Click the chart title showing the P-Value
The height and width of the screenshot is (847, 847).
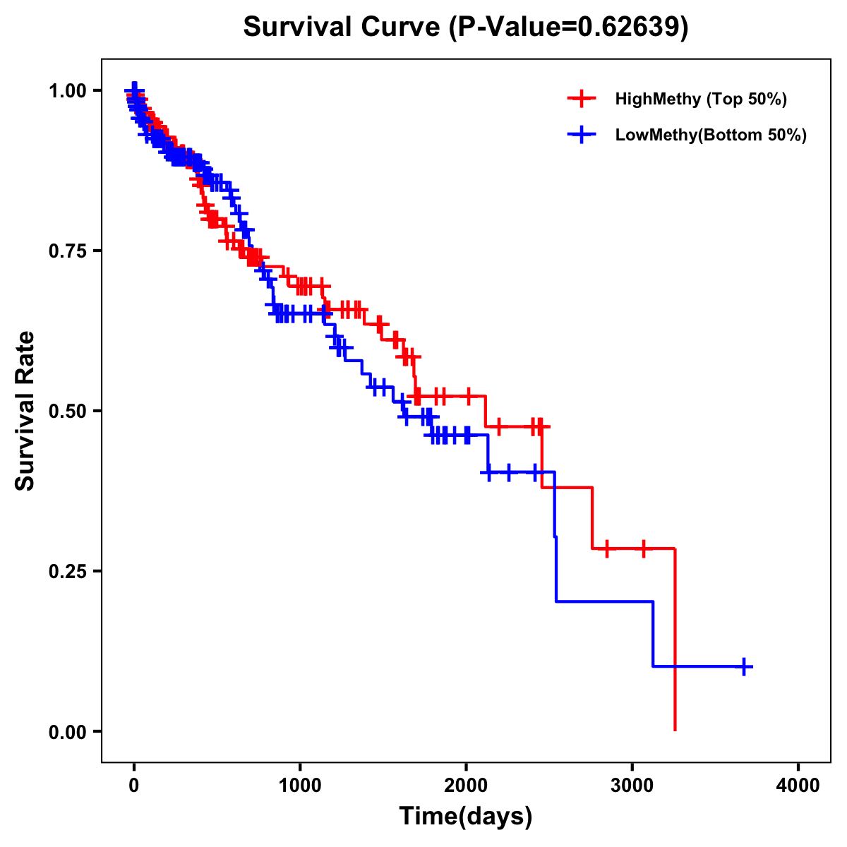tap(466, 27)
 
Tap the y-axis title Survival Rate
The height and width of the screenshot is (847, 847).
tap(25, 411)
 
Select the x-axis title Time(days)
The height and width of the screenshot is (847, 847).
tap(466, 817)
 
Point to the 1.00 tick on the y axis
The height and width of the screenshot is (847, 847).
tap(68, 90)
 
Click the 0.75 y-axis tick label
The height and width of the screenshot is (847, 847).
tap(68, 251)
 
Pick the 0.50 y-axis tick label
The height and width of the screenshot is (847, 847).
tap(68, 411)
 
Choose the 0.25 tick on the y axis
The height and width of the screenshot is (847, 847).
tap(68, 571)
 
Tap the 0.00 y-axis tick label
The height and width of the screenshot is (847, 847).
tap(68, 731)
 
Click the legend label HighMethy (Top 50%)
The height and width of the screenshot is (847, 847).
tap(701, 99)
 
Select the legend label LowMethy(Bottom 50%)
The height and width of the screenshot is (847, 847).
tap(711, 135)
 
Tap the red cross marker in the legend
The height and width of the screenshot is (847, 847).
tap(582, 99)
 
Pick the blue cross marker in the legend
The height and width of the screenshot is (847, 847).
tap(582, 135)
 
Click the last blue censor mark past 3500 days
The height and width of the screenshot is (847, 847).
tap(744, 666)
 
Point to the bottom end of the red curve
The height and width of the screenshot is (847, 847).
tap(675, 729)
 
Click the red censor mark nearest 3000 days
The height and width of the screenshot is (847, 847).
tap(644, 548)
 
